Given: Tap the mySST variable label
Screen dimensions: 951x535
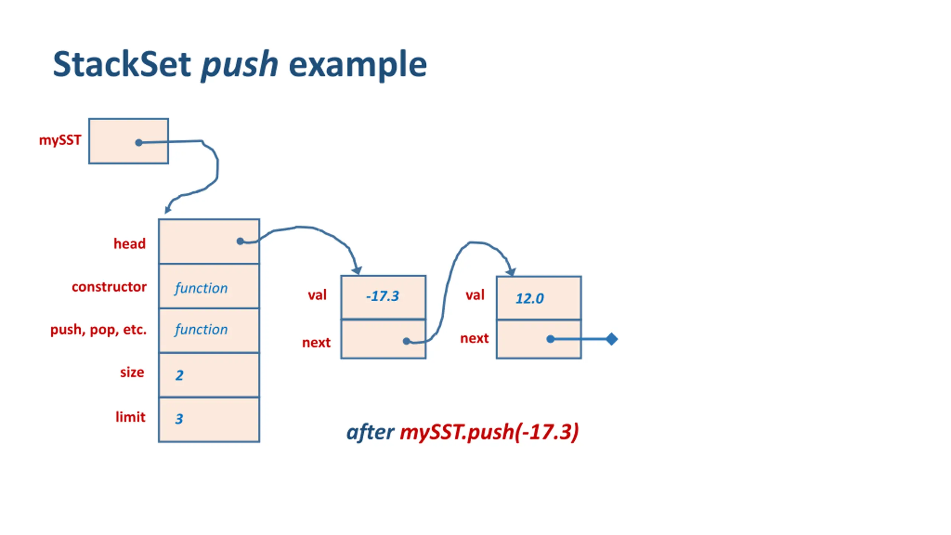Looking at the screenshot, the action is (x=60, y=140).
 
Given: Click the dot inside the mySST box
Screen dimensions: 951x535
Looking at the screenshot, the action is (x=139, y=143).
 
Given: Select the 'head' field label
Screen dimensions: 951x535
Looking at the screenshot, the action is (x=130, y=244).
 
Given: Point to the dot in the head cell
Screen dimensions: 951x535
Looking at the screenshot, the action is (x=240, y=241).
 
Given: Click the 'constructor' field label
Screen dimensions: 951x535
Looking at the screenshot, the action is (x=109, y=287).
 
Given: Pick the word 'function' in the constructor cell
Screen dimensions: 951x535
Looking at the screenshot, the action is (x=201, y=288).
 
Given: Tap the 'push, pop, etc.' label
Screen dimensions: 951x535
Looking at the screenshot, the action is (x=98, y=330).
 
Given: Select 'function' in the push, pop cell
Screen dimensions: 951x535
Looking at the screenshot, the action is (x=201, y=330).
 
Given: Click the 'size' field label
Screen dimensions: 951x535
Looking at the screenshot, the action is (x=132, y=372).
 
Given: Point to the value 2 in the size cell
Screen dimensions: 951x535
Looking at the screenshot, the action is (x=179, y=375).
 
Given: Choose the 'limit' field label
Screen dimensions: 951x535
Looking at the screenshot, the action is (x=130, y=417).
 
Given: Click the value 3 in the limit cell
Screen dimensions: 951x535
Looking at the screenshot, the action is (x=179, y=419).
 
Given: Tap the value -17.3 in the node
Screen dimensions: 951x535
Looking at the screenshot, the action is (x=383, y=296).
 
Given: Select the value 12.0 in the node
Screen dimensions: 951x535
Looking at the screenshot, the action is (x=530, y=298).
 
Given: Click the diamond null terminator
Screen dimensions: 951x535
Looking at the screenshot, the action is (x=611, y=339).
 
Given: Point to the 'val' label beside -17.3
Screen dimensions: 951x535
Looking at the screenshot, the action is (x=317, y=295).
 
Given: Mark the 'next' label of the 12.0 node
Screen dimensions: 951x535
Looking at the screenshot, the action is (x=474, y=338).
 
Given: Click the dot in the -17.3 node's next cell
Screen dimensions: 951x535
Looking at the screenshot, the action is (x=406, y=341).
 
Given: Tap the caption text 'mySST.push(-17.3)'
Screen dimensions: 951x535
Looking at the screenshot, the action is (x=489, y=432).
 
